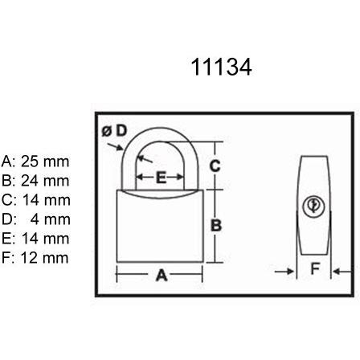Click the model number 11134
(222, 67)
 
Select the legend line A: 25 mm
(36, 162)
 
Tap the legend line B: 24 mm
(36, 181)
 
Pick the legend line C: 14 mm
(36, 200)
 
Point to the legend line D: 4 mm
(36, 219)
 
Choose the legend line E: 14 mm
(36, 239)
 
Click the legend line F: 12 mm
(36, 258)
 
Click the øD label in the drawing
(115, 130)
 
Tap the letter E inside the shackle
(160, 177)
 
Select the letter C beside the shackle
(215, 166)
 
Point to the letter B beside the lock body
(215, 226)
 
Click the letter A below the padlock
(161, 276)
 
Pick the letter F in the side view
(316, 271)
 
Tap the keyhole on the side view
(313, 207)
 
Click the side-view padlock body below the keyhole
(314, 237)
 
